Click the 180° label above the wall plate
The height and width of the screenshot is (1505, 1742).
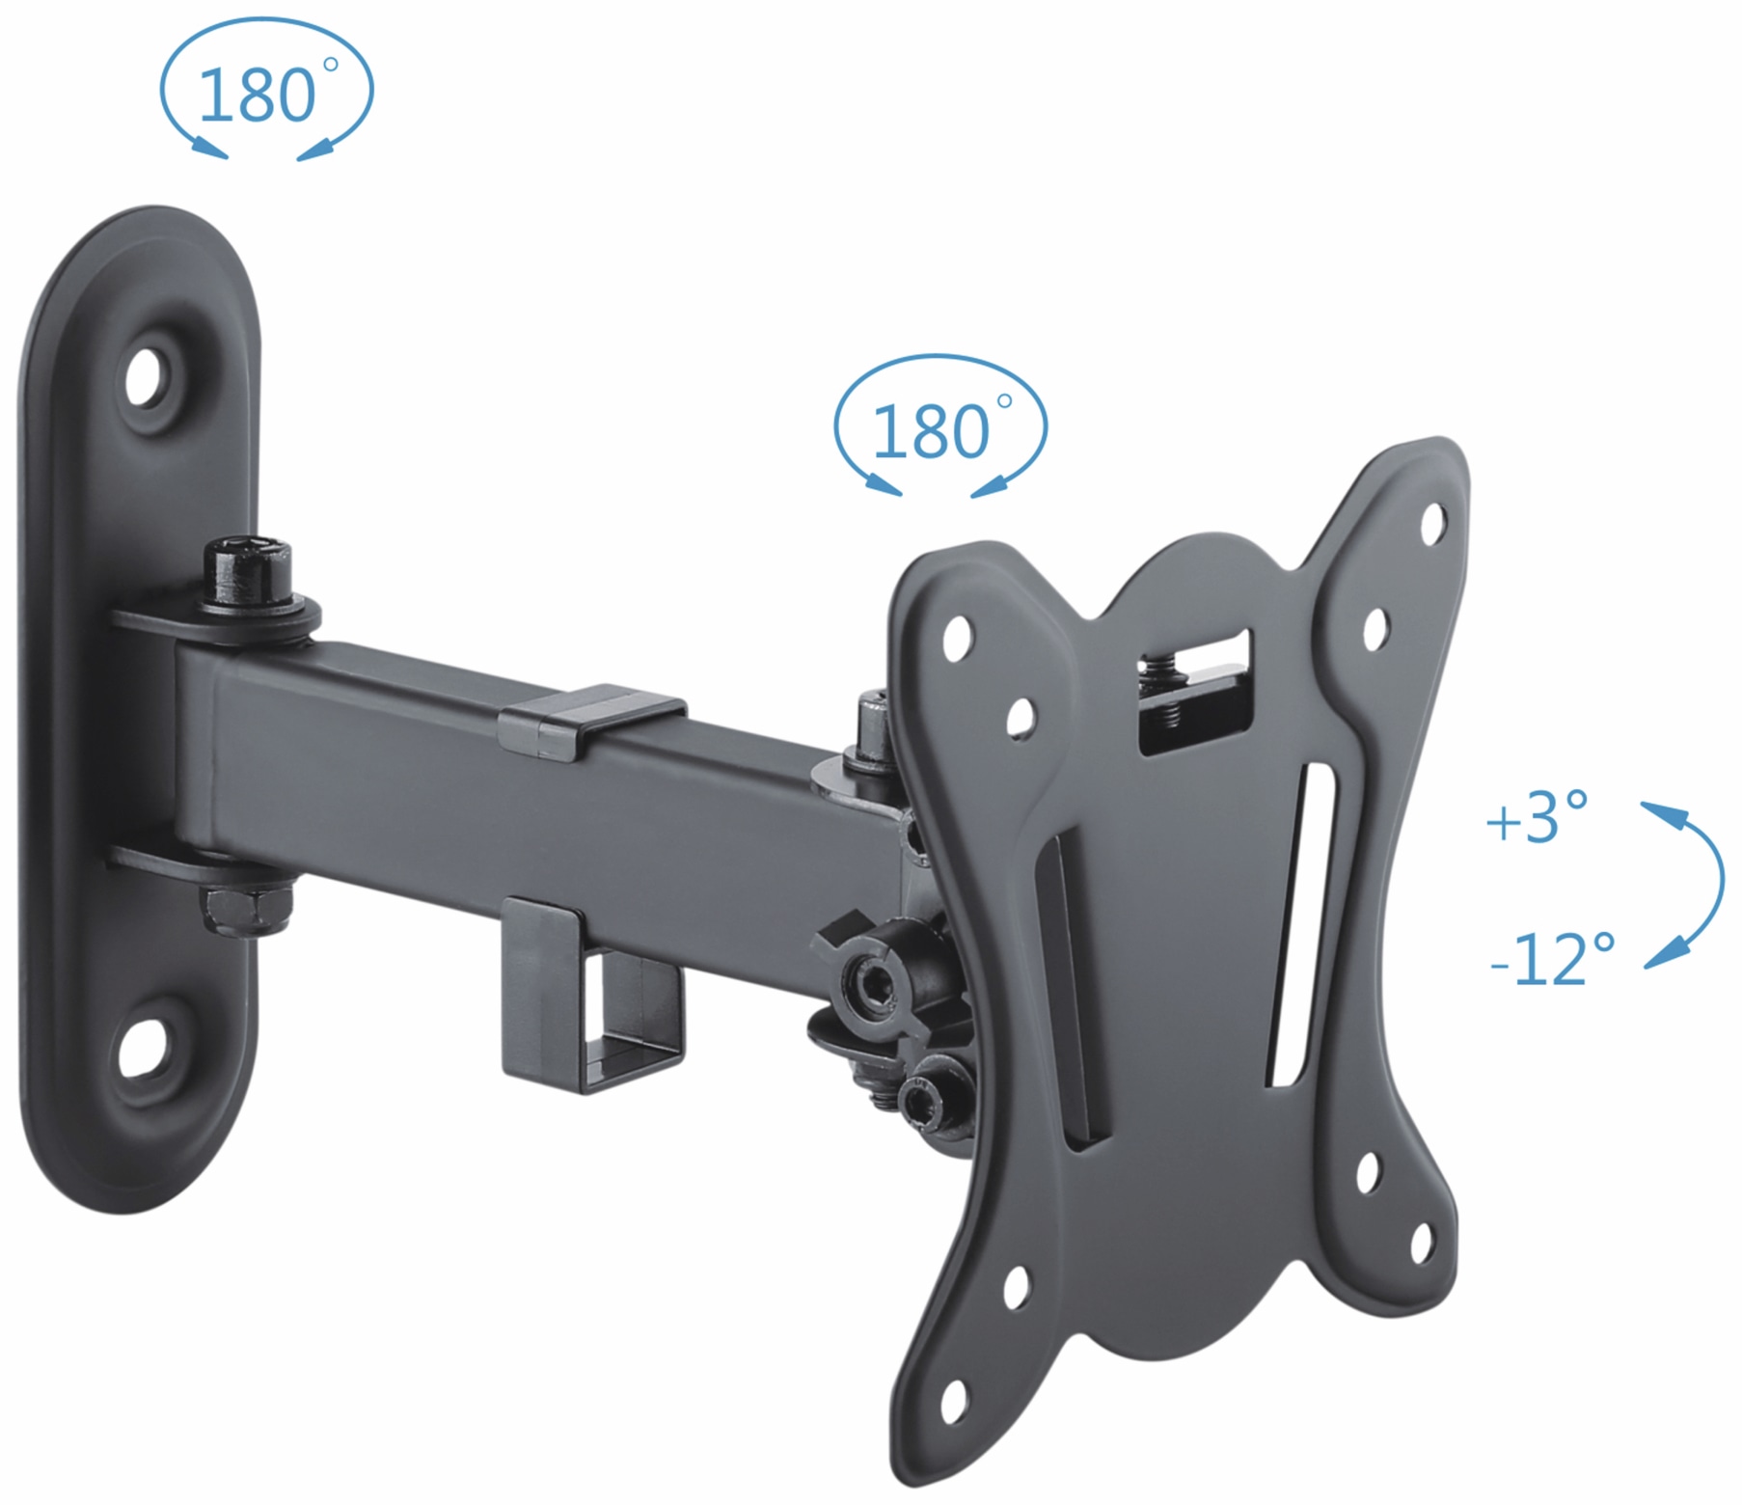click(x=259, y=95)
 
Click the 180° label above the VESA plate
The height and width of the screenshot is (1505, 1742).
click(x=932, y=432)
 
